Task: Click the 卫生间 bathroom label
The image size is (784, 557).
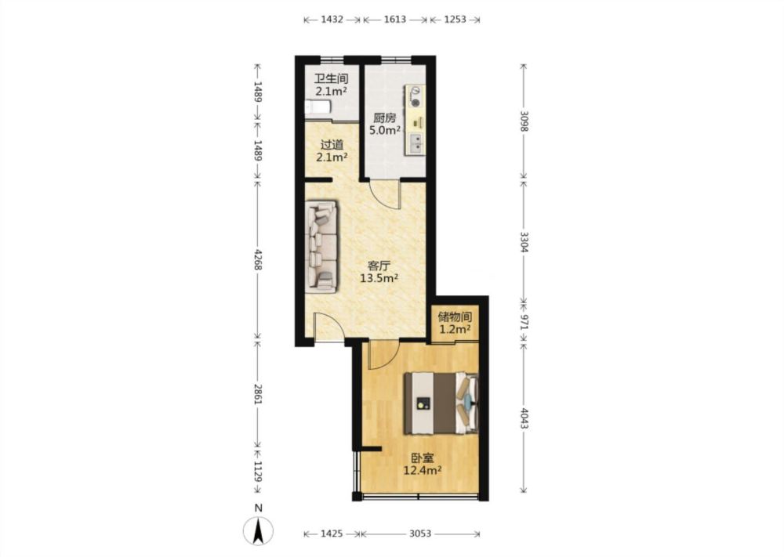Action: tap(331, 79)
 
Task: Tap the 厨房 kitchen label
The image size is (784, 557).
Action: tap(385, 118)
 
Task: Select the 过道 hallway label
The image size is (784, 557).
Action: tap(332, 145)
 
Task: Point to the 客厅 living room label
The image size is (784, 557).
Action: tap(379, 266)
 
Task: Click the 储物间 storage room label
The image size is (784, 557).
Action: tap(455, 316)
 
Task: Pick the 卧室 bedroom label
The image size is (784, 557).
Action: tap(423, 458)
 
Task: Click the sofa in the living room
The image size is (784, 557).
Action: tap(321, 246)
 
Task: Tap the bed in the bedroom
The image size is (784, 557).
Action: tap(441, 403)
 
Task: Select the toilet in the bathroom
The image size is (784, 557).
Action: tap(318, 108)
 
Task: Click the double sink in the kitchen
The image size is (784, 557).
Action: tap(415, 143)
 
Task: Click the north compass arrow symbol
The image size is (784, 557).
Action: tap(258, 531)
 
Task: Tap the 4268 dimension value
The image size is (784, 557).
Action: tap(258, 260)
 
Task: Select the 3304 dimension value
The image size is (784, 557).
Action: tap(524, 241)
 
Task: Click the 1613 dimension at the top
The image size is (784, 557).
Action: tap(395, 20)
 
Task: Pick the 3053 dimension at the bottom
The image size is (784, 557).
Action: tap(420, 533)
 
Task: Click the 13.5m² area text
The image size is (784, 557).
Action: tap(379, 278)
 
